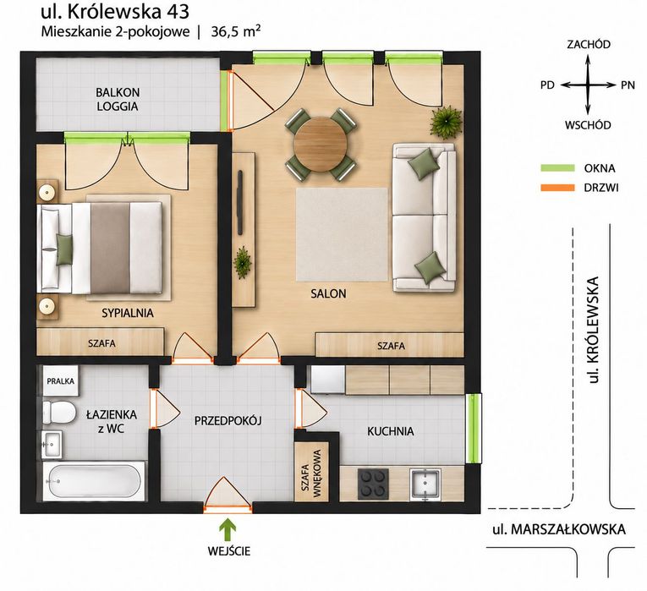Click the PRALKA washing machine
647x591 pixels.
(x=60, y=380)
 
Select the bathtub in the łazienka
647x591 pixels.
(x=94, y=481)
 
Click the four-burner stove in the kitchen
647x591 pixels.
(x=373, y=484)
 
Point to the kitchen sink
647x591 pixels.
(x=425, y=484)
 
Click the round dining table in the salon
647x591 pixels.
(x=321, y=144)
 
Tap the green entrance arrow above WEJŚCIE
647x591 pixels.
(x=227, y=529)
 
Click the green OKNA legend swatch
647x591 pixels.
(x=557, y=168)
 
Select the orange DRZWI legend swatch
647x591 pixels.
(x=557, y=188)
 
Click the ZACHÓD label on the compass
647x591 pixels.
(x=589, y=45)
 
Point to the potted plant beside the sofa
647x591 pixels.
(x=446, y=121)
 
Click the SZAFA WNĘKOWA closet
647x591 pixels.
(x=311, y=472)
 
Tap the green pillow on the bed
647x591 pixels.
(x=64, y=249)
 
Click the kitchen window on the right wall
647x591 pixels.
(x=474, y=429)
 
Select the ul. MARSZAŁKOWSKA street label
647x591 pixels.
(x=559, y=529)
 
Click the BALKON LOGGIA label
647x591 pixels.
(x=118, y=100)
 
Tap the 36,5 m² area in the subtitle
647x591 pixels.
(x=236, y=31)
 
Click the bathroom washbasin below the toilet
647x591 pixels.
(x=52, y=444)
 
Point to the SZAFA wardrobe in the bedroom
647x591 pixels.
(x=101, y=342)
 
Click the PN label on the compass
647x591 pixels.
(x=628, y=85)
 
